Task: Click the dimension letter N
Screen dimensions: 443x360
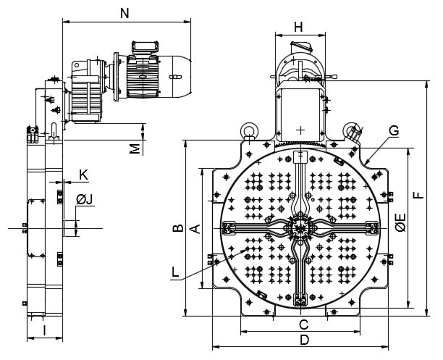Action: click(125, 13)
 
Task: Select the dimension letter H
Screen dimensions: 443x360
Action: click(298, 28)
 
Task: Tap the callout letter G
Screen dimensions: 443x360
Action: click(394, 130)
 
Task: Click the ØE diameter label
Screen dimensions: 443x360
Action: click(400, 222)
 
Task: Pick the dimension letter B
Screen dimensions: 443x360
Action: click(178, 228)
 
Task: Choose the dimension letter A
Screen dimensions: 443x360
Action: click(195, 229)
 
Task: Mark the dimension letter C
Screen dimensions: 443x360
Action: click(304, 325)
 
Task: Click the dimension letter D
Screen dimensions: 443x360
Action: click(304, 340)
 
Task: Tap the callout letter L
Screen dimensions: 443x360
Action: click(175, 272)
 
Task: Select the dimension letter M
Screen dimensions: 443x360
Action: click(135, 149)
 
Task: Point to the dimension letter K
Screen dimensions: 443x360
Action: click(83, 175)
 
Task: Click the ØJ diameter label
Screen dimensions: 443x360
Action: click(84, 200)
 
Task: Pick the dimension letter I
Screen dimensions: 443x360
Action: click(44, 330)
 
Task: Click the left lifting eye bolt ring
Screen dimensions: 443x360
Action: click(248, 130)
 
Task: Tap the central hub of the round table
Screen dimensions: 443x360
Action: click(300, 228)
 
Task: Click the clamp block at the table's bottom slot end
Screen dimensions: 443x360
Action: click(300, 300)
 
